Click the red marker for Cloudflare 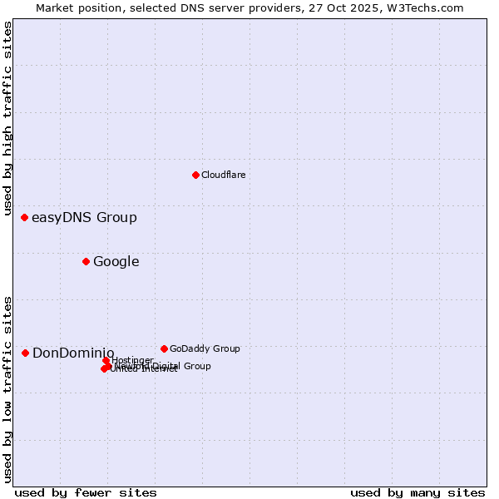(x=195, y=175)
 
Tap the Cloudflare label (x=223, y=175)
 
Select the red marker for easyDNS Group (x=25, y=218)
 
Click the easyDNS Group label (x=84, y=218)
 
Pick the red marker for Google (x=86, y=262)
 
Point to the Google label (x=116, y=262)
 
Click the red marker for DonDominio (x=25, y=353)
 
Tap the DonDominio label (x=73, y=353)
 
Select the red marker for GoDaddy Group (x=164, y=348)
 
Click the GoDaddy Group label (x=205, y=348)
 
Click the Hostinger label (x=132, y=360)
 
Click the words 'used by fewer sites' (x=86, y=492)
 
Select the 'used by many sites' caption (x=417, y=492)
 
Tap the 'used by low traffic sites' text (x=7, y=388)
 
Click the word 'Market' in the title (x=56, y=7)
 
